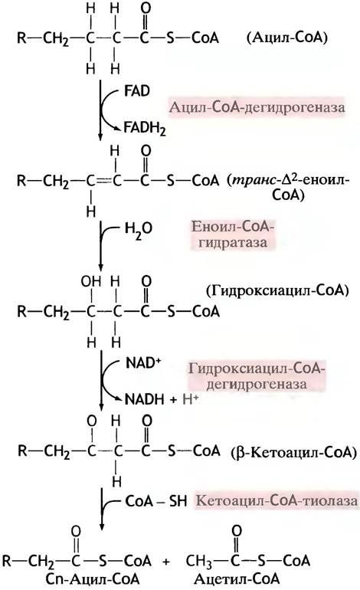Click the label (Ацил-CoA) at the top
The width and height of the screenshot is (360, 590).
286,38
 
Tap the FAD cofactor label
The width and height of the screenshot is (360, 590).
136,90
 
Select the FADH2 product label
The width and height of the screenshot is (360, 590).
145,129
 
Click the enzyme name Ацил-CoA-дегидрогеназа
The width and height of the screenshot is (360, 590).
257,107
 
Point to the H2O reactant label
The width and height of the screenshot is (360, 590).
139,229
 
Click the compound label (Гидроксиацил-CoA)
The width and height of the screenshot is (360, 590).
277,291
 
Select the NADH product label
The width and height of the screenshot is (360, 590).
145,399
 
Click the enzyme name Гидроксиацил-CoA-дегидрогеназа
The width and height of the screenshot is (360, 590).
257,376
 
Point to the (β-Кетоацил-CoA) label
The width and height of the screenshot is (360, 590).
293,452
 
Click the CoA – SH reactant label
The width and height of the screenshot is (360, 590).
155,501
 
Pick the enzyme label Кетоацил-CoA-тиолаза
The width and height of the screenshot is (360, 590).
277,501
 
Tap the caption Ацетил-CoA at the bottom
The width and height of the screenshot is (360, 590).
237,579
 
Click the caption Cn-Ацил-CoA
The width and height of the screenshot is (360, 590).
92,579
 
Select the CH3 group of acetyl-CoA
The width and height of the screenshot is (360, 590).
198,561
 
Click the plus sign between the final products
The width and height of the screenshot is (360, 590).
166,562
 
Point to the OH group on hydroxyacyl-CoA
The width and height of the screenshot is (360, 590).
91,281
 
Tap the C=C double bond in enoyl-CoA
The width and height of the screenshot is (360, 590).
103,182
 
